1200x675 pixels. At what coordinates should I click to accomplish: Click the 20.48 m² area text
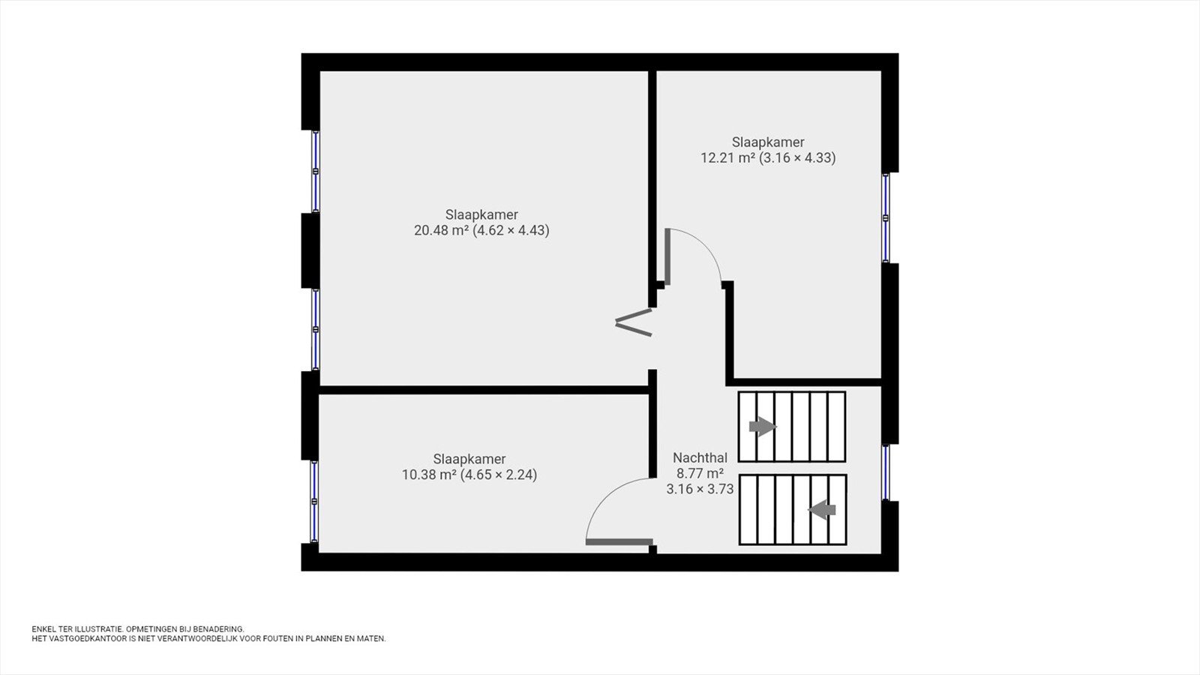(x=442, y=230)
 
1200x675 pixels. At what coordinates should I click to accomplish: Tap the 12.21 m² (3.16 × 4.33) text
(x=768, y=158)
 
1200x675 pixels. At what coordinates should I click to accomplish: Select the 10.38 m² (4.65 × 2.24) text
(x=469, y=475)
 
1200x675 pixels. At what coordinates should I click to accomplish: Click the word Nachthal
(x=700, y=458)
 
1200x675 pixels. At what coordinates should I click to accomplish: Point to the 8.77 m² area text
(x=700, y=473)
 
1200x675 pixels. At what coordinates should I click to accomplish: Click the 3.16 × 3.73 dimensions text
(x=700, y=489)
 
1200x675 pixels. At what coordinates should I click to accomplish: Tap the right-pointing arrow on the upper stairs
(x=762, y=427)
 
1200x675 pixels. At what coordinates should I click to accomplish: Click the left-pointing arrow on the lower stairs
(x=822, y=510)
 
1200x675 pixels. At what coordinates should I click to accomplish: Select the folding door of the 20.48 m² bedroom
(x=634, y=322)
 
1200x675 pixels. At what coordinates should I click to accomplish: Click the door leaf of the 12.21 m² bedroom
(x=668, y=256)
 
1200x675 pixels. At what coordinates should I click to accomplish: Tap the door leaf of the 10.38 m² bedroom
(x=619, y=541)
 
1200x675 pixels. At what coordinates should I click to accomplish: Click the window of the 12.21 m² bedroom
(x=886, y=217)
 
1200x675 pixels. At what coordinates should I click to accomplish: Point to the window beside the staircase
(x=886, y=472)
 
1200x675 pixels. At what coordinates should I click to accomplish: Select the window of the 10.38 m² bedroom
(x=315, y=502)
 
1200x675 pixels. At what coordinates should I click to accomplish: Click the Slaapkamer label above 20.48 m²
(x=481, y=214)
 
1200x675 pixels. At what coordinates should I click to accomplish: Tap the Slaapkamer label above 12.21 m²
(x=768, y=142)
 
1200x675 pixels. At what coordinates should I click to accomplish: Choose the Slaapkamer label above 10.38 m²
(x=469, y=459)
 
